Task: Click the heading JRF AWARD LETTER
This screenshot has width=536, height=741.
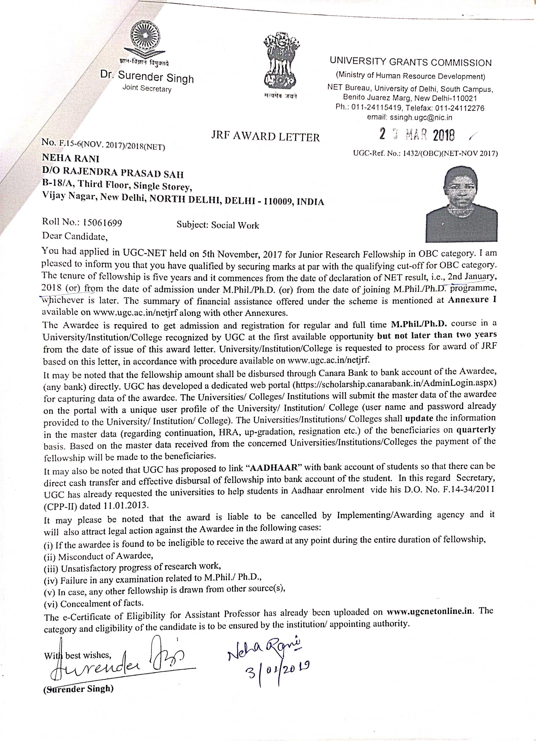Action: [x=265, y=136]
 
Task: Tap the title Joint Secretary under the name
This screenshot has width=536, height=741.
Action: [x=147, y=88]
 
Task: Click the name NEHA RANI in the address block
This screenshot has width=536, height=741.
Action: [x=70, y=159]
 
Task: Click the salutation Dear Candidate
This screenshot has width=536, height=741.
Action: [x=75, y=236]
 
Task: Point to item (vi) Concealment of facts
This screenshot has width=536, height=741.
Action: [x=94, y=603]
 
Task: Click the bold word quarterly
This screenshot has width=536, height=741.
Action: [x=476, y=429]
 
